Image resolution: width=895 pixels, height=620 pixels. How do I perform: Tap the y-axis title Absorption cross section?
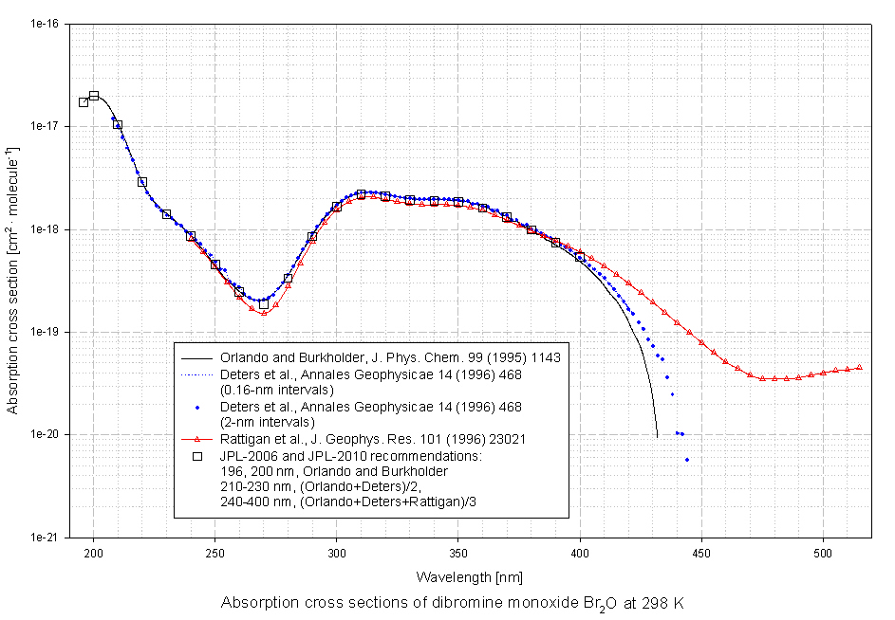[12, 281]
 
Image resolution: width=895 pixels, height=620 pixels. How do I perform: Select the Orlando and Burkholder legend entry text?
[390, 358]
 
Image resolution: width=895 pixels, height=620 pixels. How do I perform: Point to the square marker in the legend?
[196, 456]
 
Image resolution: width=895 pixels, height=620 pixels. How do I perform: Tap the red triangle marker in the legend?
[196, 439]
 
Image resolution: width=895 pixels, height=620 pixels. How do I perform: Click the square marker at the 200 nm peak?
[94, 96]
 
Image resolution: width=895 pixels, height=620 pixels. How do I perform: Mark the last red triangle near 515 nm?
[859, 367]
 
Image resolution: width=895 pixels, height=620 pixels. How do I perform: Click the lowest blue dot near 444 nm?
[686, 460]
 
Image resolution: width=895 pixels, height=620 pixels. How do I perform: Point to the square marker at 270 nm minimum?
[264, 304]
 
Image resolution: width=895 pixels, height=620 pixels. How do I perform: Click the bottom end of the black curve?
[657, 437]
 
